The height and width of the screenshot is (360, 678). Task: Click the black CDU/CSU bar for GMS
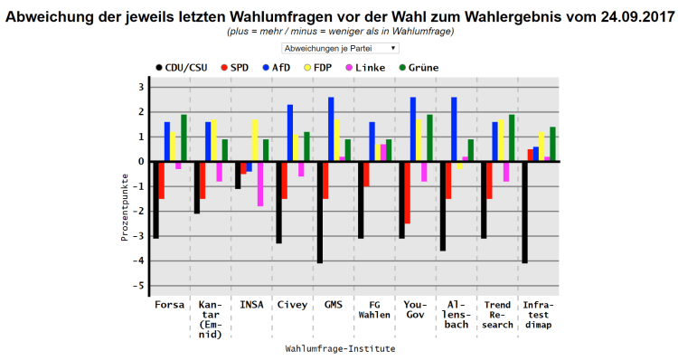[320, 213]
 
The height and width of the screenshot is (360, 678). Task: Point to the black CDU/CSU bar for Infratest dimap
[525, 213]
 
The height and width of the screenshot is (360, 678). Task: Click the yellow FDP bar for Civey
[296, 148]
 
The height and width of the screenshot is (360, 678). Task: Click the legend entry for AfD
[276, 67]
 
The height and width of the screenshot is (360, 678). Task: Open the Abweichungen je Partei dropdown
[339, 47]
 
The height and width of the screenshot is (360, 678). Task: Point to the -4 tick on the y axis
[140, 261]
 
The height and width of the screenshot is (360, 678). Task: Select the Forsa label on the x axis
[170, 304]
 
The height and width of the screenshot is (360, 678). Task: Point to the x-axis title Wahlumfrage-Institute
[340, 348]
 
